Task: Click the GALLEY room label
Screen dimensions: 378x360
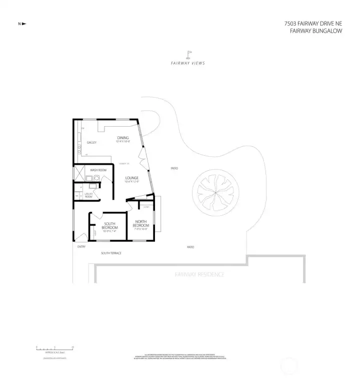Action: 91,143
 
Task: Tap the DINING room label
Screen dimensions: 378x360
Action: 123,138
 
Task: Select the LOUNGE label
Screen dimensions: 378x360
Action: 131,178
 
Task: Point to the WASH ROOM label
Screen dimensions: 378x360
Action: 98,170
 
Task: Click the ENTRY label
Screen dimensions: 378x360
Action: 81,247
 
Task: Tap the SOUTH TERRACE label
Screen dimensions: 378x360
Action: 111,253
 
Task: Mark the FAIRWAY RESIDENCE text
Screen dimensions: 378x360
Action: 199,274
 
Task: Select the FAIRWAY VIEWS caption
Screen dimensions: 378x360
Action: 188,63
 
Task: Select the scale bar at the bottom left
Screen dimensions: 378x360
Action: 54,347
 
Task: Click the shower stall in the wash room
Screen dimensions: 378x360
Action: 80,173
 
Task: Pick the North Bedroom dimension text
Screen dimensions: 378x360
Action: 141,229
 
